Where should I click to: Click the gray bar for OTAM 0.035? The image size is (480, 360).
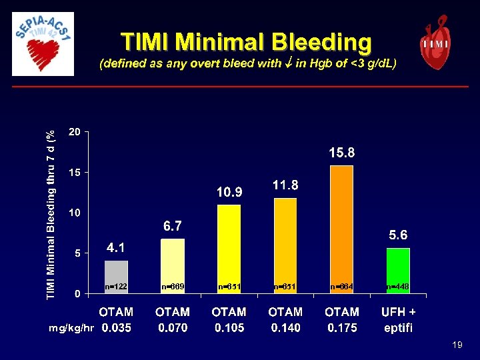(x=116, y=277)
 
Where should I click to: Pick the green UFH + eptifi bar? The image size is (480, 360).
(x=399, y=270)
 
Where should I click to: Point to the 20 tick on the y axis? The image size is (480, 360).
(x=75, y=132)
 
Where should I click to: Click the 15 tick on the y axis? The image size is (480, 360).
(x=75, y=173)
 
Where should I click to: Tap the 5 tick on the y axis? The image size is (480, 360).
(x=78, y=253)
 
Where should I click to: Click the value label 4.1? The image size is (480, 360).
(x=116, y=247)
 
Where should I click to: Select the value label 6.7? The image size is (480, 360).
(x=173, y=227)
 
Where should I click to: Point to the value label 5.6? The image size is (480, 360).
(x=398, y=235)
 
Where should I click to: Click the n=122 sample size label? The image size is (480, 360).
(x=116, y=286)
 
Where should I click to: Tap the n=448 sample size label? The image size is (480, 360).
(x=398, y=286)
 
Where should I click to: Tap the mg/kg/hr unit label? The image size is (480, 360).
(x=71, y=328)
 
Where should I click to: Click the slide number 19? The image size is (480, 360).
(x=457, y=345)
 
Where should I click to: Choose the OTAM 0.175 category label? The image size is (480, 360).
(x=342, y=319)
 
